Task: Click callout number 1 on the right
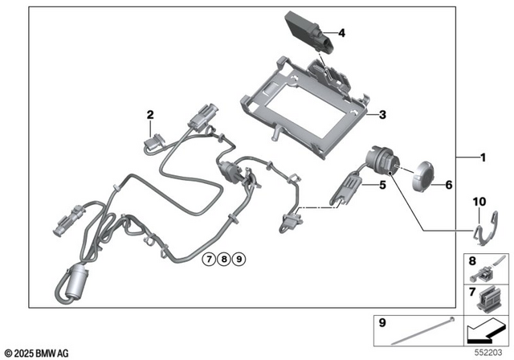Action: [483, 158]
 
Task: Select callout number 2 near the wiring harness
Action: [150, 115]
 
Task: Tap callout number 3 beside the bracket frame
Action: [382, 116]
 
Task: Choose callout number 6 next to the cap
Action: [448, 185]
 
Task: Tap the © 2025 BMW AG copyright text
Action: [38, 353]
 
